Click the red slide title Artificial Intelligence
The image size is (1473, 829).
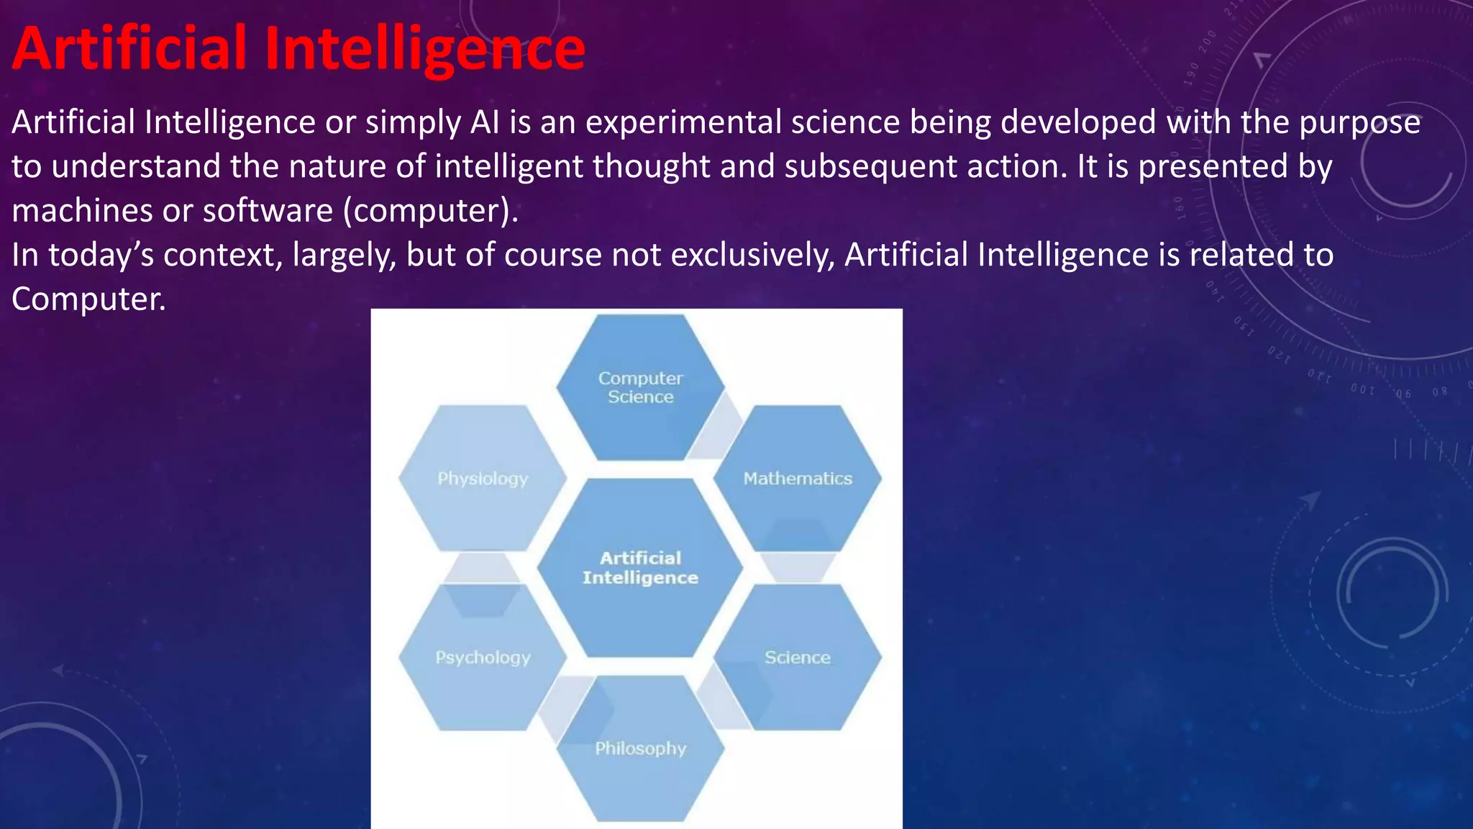click(298, 48)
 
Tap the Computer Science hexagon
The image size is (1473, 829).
click(640, 388)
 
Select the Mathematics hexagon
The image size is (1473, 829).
click(797, 479)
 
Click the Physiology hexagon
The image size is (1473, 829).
click(483, 479)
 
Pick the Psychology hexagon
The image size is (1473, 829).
click(483, 658)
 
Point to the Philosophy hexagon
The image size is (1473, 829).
click(640, 748)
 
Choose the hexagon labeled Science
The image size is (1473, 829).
click(797, 658)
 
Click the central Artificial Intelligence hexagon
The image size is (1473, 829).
click(640, 568)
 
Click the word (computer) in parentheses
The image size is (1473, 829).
click(430, 211)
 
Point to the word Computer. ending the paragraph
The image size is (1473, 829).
click(88, 299)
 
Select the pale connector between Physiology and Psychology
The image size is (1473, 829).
click(482, 568)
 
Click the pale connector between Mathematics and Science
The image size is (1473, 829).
click(797, 567)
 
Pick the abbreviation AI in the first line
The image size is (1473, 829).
click(485, 122)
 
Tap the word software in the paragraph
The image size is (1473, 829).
click(268, 211)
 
